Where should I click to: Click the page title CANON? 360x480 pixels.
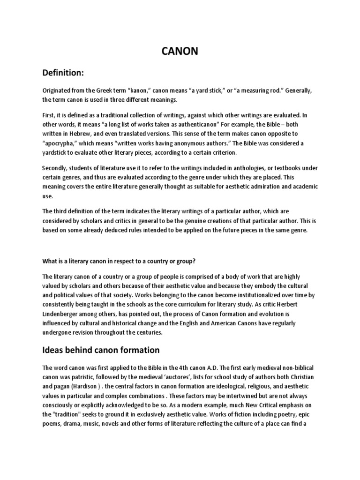coord(180,52)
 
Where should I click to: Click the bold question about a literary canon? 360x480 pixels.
coord(130,261)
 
